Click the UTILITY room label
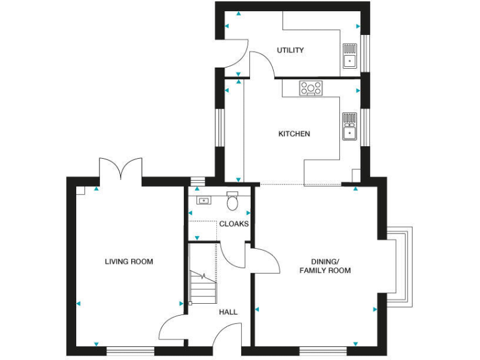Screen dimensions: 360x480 point(290,50)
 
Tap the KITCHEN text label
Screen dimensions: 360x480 point(294,134)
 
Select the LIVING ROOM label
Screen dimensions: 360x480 point(129,262)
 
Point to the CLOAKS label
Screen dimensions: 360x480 point(234,224)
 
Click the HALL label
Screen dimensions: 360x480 point(228,311)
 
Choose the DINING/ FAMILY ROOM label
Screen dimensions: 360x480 point(325,266)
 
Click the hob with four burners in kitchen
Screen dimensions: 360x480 point(310,88)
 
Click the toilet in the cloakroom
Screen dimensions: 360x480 point(233,201)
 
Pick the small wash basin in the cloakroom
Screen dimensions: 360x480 point(203,201)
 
